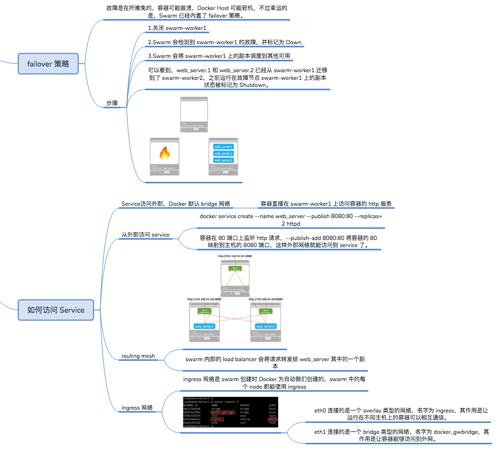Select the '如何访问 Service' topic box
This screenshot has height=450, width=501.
(x=56, y=310)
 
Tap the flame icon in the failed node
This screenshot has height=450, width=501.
(x=164, y=153)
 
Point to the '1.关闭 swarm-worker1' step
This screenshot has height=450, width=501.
(x=177, y=29)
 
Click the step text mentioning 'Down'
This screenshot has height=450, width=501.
(x=224, y=42)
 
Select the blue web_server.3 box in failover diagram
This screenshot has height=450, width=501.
(x=223, y=160)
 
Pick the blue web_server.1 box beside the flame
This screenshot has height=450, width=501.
(x=223, y=147)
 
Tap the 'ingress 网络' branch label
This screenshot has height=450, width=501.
(x=137, y=408)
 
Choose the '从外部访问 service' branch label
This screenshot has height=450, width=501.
(x=145, y=235)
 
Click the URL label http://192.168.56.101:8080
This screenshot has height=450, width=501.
(x=235, y=256)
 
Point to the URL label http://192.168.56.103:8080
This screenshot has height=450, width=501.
(x=265, y=299)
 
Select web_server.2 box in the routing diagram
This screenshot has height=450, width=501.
(x=204, y=326)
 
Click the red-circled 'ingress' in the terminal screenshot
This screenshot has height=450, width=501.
(x=217, y=420)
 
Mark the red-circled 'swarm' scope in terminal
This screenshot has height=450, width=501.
(x=272, y=420)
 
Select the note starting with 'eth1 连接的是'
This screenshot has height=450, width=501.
(x=401, y=436)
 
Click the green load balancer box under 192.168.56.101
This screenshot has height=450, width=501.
(x=235, y=268)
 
